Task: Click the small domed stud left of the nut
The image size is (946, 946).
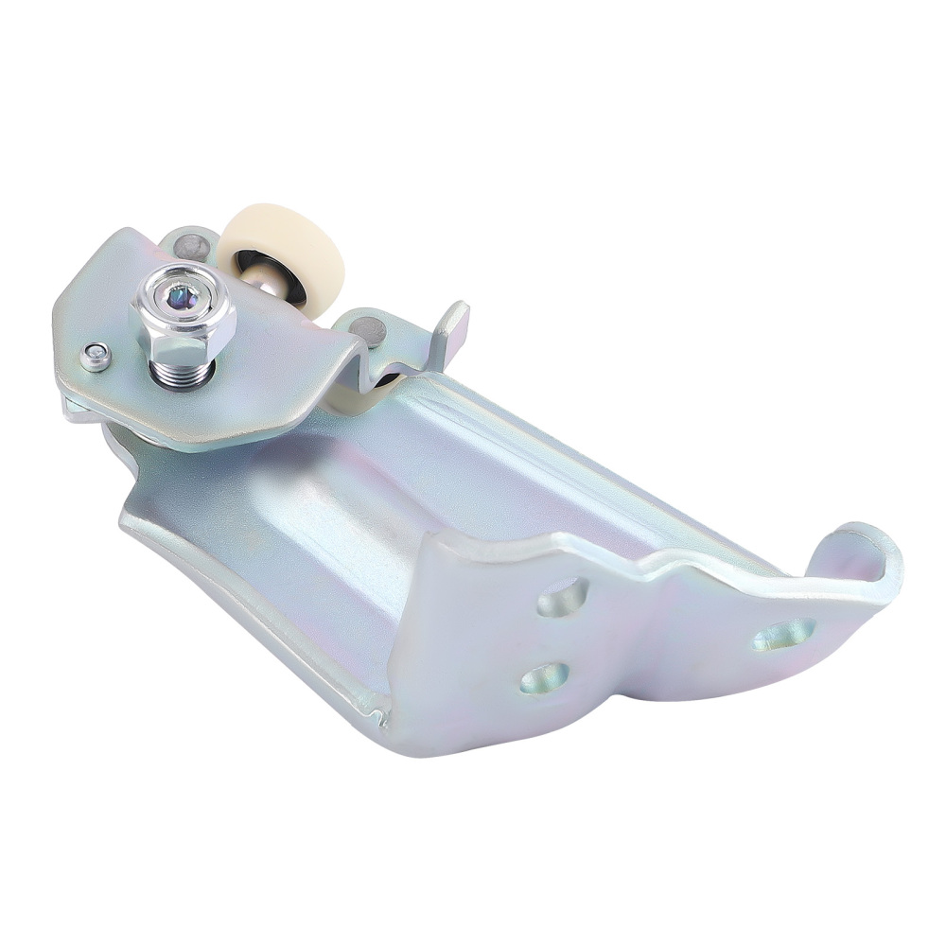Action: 95,356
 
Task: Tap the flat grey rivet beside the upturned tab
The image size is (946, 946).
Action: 369,331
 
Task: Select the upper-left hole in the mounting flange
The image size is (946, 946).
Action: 564,598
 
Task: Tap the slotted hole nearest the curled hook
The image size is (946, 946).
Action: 784,634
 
